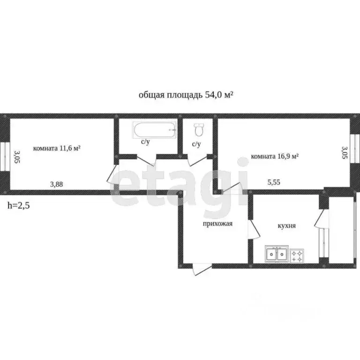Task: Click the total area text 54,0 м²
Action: pos(186,95)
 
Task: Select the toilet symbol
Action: pos(199,128)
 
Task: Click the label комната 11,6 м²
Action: pos(57,148)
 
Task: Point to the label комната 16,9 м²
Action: pos(275,157)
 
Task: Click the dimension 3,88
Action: pos(57,184)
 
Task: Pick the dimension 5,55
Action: pos(275,183)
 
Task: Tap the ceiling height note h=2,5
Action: pos(18,205)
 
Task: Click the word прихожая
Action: pos(217,224)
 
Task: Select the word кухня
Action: pos(286,225)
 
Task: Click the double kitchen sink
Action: pos(276,254)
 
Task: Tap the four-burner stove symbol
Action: pos(297,255)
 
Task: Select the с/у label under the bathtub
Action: pos(145,142)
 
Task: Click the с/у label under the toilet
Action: pos(196,144)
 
